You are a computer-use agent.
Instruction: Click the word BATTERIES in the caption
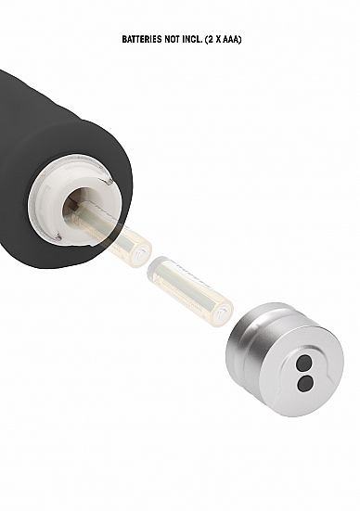[x=143, y=40]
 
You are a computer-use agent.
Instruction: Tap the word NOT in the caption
[x=173, y=40]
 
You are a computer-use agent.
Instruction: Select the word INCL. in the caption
[x=193, y=40]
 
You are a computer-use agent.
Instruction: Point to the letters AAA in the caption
[x=231, y=40]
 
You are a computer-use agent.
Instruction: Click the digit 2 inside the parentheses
[x=211, y=40]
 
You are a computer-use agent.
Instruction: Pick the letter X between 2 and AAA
[x=218, y=40]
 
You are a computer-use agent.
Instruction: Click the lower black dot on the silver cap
[x=305, y=383]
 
